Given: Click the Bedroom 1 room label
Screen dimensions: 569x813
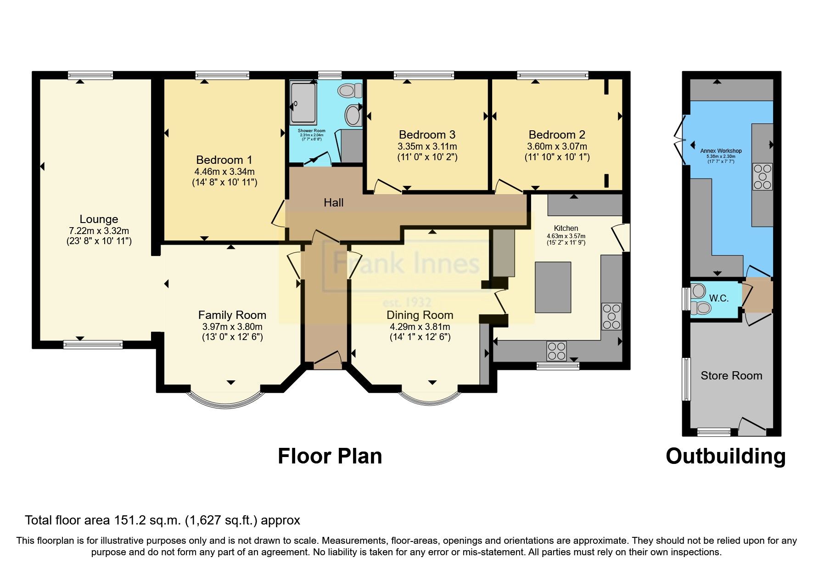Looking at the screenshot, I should [x=224, y=160].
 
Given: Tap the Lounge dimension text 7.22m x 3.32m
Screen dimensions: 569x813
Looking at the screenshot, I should [x=99, y=231].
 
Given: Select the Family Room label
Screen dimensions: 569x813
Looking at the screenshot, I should [x=232, y=315].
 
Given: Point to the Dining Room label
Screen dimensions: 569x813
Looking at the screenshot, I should [x=420, y=315].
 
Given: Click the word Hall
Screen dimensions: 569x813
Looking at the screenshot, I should [x=333, y=203].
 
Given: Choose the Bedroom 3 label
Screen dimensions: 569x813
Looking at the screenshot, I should [x=427, y=135].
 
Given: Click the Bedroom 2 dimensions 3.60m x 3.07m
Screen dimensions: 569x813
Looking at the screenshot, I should [x=557, y=147].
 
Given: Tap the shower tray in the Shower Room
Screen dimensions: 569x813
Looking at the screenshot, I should [x=303, y=103].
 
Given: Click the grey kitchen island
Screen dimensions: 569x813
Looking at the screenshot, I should [x=553, y=287].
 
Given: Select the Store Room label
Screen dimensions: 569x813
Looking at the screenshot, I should [x=731, y=376].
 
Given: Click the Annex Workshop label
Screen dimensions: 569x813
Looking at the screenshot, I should [x=721, y=151].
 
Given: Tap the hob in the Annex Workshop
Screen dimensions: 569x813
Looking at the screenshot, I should [x=762, y=177].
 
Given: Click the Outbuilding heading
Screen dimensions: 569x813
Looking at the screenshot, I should [x=725, y=457].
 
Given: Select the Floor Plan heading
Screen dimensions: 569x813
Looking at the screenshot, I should [x=330, y=457].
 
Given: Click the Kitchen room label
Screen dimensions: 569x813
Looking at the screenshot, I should [x=566, y=229].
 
